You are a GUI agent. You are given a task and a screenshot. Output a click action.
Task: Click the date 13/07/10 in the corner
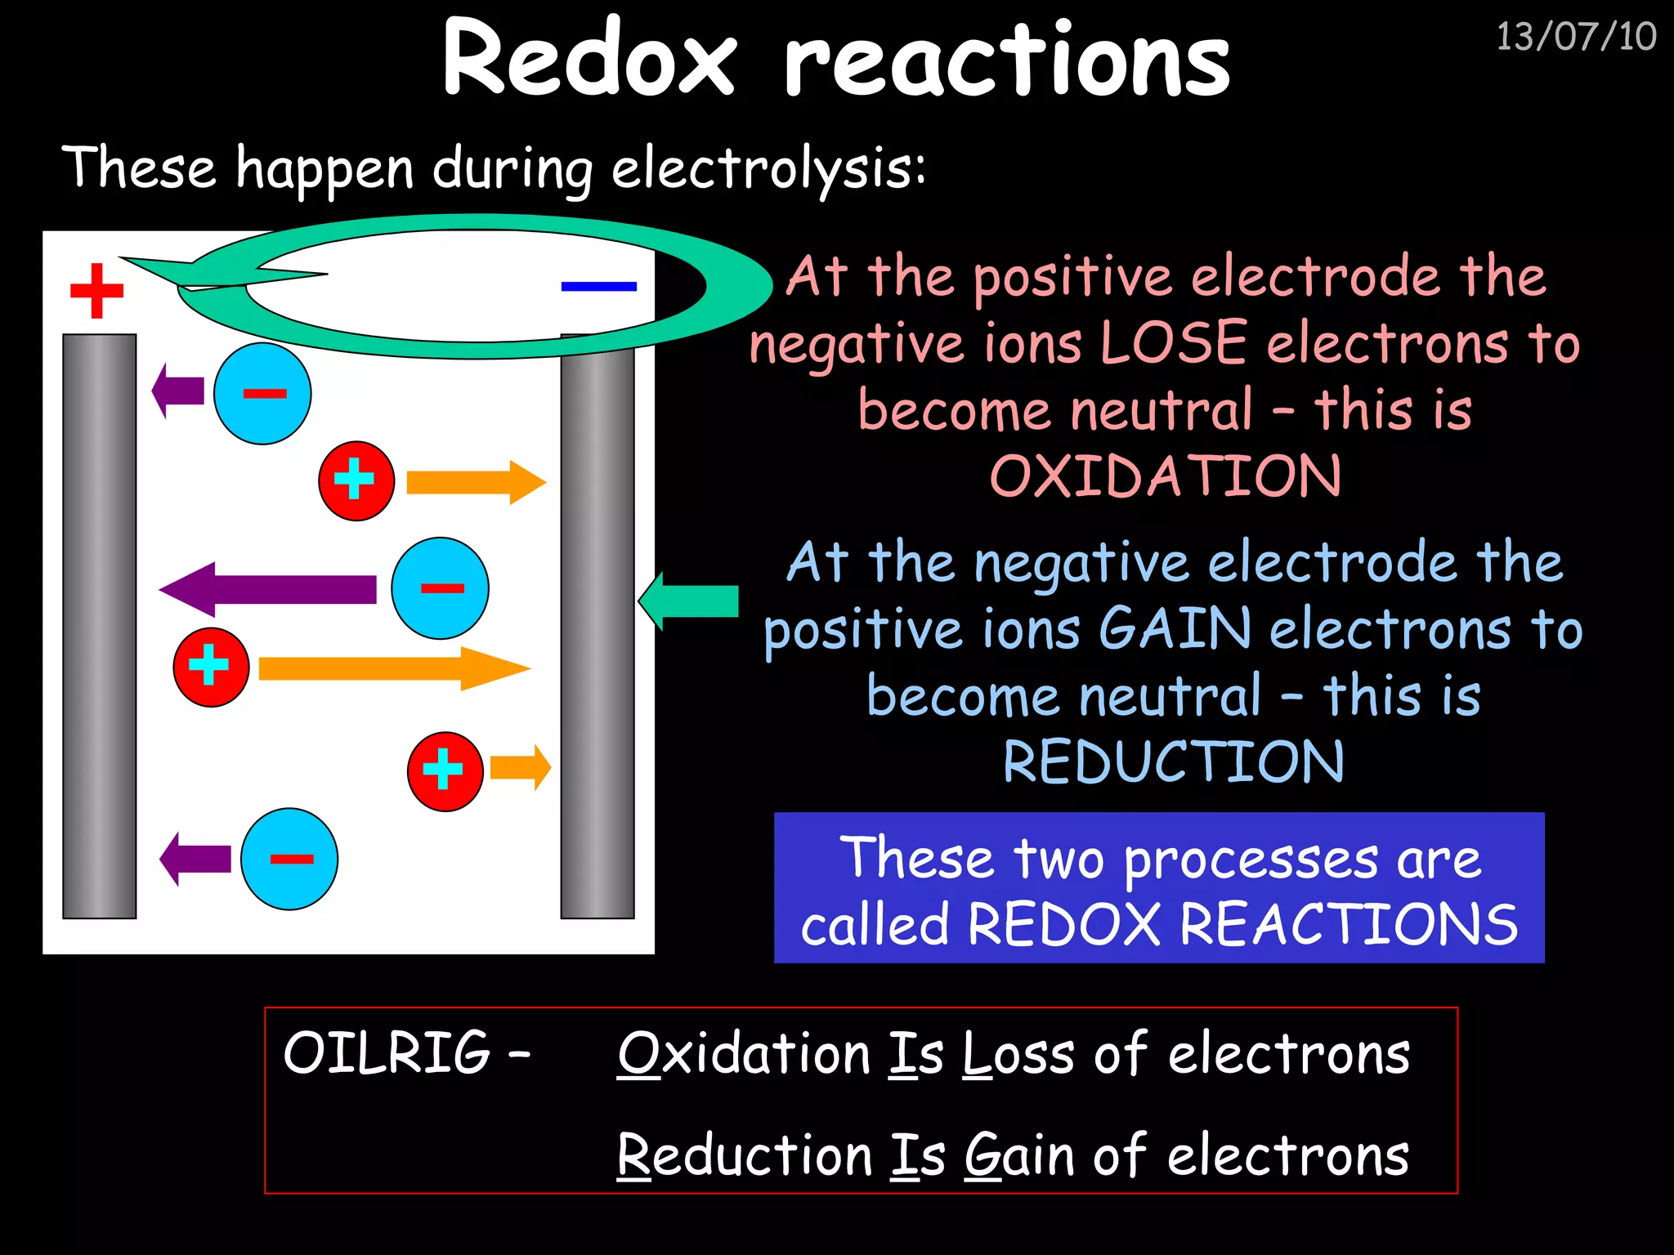[1576, 38]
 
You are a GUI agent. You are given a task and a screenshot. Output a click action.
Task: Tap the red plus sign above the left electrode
[96, 290]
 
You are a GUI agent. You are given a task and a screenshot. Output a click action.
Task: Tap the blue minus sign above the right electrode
[598, 286]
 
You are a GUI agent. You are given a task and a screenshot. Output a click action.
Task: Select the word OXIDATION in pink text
[1166, 476]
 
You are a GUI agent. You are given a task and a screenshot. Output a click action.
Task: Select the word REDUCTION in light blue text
[1173, 762]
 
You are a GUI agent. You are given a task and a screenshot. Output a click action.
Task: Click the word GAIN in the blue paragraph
[1175, 628]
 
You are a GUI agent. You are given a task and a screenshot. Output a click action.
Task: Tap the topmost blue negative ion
[262, 394]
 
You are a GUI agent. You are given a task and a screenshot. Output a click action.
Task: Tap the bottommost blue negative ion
[289, 859]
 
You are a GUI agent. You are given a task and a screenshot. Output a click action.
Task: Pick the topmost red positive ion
[356, 481]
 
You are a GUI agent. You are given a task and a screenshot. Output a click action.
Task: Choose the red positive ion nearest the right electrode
[445, 770]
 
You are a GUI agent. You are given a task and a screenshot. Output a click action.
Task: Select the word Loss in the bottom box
[1018, 1053]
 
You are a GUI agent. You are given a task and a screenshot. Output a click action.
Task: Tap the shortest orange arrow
[521, 768]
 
